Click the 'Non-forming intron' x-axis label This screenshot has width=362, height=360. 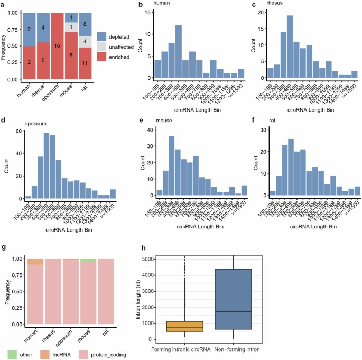(x=237, y=350)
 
